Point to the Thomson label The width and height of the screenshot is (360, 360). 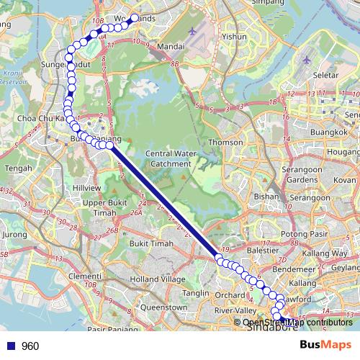coord(220,143)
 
